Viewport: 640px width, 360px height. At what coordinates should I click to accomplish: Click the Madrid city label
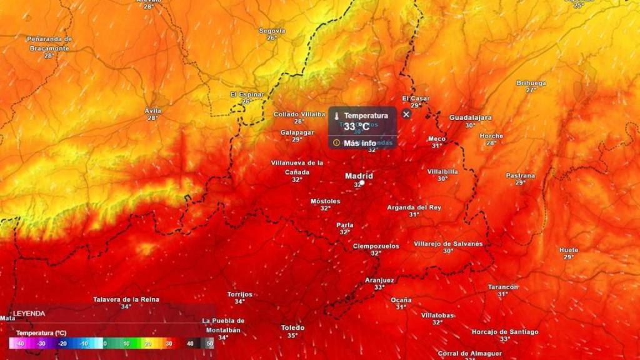[x=359, y=176]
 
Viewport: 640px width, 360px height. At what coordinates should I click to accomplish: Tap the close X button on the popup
[x=406, y=114]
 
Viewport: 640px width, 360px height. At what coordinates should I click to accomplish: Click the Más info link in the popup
[x=359, y=143]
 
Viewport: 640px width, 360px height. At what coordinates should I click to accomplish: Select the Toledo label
[x=292, y=327]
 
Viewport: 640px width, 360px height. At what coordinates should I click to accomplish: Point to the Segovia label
[x=272, y=31]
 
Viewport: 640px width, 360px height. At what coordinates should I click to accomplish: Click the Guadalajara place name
[x=471, y=117]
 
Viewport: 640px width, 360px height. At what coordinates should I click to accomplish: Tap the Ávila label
[x=152, y=111]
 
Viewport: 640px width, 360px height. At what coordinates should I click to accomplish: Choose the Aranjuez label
[x=379, y=280]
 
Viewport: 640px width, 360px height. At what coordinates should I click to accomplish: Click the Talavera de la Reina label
[x=126, y=299]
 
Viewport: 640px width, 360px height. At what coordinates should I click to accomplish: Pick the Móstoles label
[x=326, y=201]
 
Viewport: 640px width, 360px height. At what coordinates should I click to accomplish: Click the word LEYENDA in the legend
[x=29, y=313]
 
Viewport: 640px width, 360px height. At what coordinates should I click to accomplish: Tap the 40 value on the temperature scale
[x=189, y=343]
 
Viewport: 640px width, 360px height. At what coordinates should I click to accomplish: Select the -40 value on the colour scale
[x=20, y=343]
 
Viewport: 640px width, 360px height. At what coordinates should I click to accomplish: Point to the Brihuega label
[x=531, y=83]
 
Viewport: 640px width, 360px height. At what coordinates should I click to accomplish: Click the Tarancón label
[x=503, y=287]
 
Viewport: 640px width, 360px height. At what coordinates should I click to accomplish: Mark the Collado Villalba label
[x=299, y=114]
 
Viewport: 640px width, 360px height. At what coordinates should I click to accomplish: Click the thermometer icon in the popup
[x=336, y=116]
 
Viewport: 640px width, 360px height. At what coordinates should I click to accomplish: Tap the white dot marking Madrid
[x=362, y=183]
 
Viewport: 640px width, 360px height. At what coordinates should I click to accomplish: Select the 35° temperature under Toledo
[x=292, y=336]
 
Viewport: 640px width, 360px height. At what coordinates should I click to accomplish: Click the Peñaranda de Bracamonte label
[x=49, y=43]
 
